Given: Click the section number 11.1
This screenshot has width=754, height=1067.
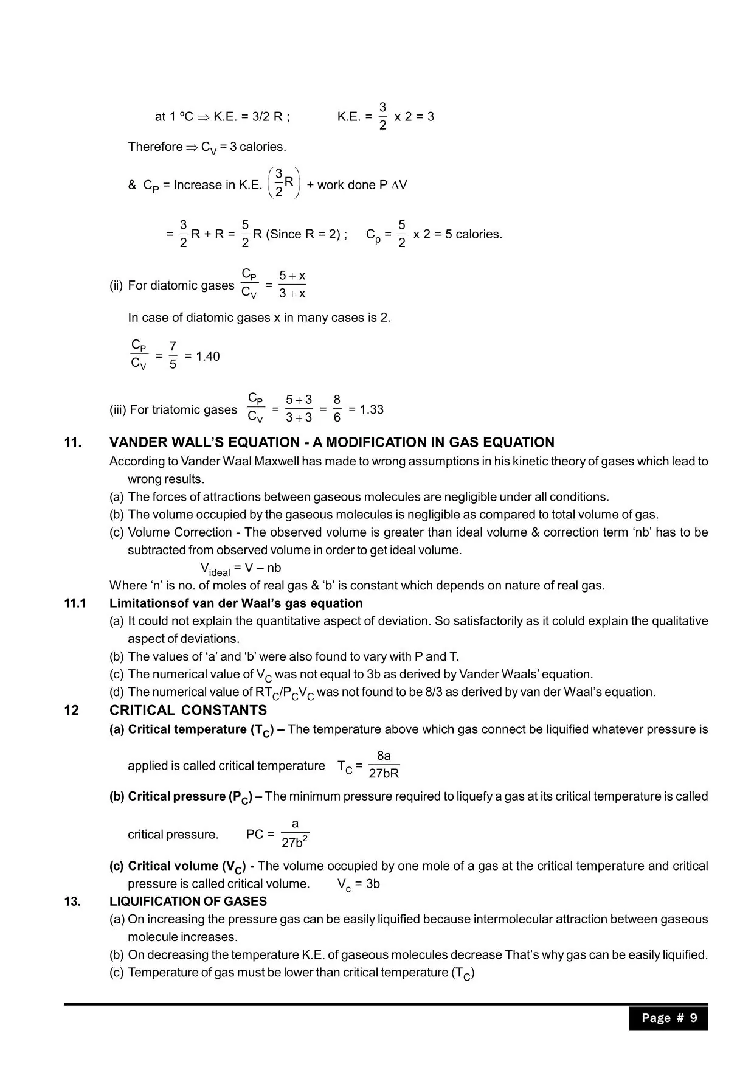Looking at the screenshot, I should [x=75, y=603].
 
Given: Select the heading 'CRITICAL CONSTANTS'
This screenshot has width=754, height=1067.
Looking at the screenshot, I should [x=188, y=711].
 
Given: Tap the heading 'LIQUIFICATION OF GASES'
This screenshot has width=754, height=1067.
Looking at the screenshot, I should [x=188, y=902].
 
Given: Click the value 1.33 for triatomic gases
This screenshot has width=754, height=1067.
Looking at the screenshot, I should [x=371, y=409].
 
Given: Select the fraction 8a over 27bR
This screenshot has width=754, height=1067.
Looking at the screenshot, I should [x=384, y=765].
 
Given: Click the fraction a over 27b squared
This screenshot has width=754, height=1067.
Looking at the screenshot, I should [x=295, y=833].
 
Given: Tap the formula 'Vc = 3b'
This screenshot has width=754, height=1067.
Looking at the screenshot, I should [x=358, y=884].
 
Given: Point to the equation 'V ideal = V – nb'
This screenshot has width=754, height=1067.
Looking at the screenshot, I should [x=241, y=569].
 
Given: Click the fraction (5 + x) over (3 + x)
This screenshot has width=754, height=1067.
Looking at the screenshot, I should [x=292, y=285].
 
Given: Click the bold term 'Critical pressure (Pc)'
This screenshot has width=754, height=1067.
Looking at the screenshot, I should [x=181, y=797].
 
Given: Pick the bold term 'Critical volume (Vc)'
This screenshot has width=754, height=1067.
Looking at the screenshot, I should [x=178, y=866].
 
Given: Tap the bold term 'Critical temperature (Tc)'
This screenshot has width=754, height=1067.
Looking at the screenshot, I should [x=190, y=730].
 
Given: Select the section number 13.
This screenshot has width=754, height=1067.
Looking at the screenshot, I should [x=72, y=902].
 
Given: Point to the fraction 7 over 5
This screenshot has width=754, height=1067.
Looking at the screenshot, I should [x=173, y=356].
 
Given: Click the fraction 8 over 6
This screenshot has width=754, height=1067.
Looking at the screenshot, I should [x=337, y=409].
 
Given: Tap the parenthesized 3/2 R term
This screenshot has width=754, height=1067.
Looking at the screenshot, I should [x=284, y=182].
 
